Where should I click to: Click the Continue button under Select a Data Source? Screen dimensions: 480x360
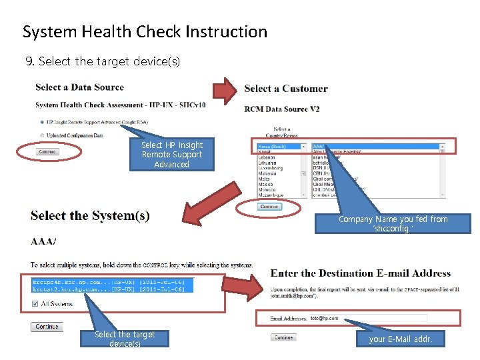click(x=47, y=152)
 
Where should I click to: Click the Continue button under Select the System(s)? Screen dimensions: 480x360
click(x=47, y=327)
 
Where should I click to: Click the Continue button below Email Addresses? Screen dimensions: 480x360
click(x=283, y=337)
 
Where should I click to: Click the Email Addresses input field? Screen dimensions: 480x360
click(x=368, y=319)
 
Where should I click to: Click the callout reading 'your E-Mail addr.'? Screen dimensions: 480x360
click(x=401, y=339)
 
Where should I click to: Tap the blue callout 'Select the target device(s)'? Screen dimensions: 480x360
click(x=125, y=339)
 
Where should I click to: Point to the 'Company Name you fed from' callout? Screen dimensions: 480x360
click(x=393, y=223)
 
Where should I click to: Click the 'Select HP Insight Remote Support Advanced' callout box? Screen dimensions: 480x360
click(x=172, y=155)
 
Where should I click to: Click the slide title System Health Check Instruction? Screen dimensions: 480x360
click(x=145, y=31)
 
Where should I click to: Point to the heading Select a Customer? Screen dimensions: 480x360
click(x=286, y=89)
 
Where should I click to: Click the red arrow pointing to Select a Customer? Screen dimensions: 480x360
click(x=224, y=89)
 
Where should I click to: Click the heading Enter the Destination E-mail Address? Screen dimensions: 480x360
click(x=361, y=273)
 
